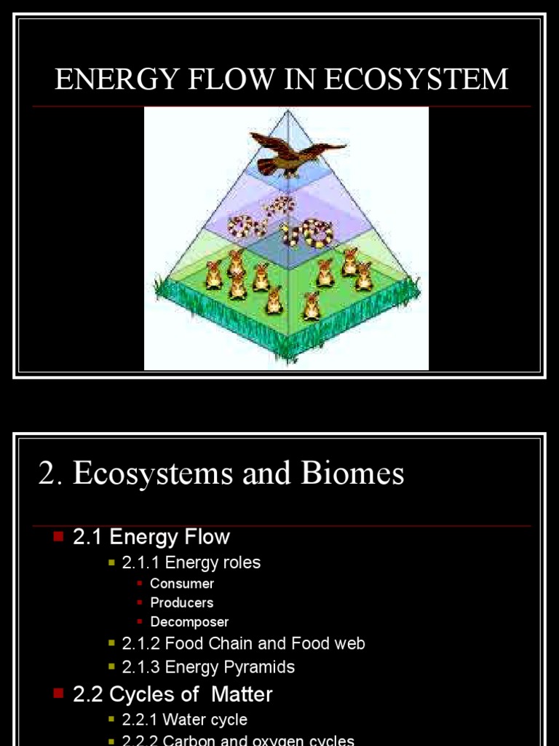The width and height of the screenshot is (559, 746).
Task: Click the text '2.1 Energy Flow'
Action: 151,538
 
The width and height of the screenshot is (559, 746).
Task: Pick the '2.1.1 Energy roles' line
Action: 191,562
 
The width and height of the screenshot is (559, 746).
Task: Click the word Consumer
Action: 182,584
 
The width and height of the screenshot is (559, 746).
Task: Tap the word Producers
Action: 182,602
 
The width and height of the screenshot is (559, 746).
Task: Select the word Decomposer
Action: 189,622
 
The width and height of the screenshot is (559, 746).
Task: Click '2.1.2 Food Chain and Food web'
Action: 243,644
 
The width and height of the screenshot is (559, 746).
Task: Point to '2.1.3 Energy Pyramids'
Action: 208,667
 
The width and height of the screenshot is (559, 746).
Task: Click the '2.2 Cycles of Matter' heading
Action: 173,694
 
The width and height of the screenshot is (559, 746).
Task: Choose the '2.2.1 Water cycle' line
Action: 185,720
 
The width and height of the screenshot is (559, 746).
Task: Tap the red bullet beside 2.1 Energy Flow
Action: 59,537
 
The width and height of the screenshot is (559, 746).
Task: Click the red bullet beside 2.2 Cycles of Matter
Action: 59,694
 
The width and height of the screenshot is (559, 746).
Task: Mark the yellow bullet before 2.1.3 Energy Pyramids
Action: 111,667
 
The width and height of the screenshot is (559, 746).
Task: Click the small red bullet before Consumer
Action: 140,583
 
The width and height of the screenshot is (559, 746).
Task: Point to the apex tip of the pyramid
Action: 289,111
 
